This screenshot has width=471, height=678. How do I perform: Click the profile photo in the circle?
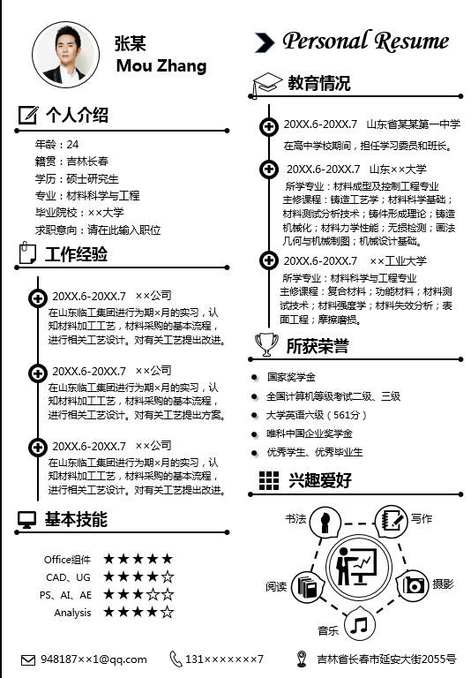[65, 55]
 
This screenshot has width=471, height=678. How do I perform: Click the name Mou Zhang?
[161, 66]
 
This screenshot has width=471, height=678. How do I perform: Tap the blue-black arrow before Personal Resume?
[265, 42]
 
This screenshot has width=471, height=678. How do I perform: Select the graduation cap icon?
[266, 85]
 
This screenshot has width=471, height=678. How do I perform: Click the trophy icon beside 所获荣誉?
[266, 344]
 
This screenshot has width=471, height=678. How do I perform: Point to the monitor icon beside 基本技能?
[26, 520]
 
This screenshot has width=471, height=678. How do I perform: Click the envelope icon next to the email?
[28, 659]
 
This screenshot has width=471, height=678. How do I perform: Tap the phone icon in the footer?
[175, 659]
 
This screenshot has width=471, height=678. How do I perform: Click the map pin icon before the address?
[302, 659]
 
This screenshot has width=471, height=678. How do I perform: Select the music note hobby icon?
[359, 625]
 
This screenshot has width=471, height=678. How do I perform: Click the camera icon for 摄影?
[412, 585]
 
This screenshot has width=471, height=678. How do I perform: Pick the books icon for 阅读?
[307, 587]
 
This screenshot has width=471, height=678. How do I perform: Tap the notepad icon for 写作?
[392, 520]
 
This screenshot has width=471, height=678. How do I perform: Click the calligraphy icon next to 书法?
[325, 521]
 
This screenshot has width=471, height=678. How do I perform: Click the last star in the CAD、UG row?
[168, 576]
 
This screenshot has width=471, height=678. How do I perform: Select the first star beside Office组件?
[108, 559]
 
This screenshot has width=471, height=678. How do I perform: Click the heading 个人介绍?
[77, 115]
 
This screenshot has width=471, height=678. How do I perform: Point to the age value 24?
[72, 145]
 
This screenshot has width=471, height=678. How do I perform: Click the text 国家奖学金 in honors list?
[291, 377]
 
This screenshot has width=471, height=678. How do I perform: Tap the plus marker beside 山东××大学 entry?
[269, 169]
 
